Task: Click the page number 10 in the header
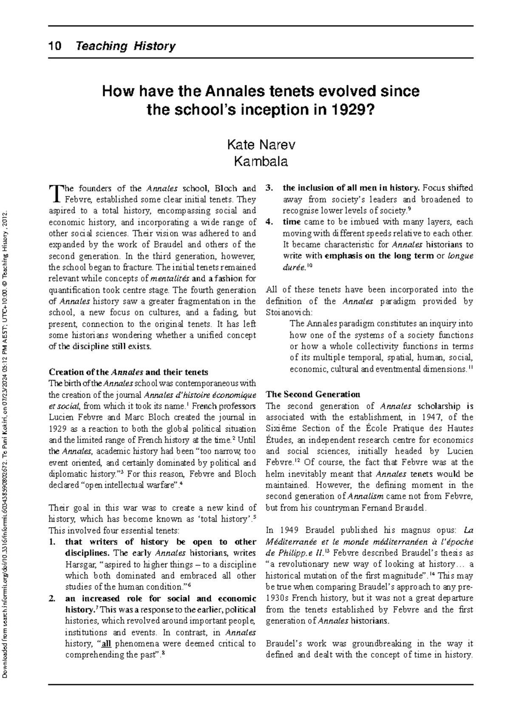55,46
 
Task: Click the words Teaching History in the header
125,46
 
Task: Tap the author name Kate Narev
261,145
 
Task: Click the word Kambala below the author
261,162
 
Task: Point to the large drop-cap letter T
54,193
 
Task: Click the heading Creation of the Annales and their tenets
128,372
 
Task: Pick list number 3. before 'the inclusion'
269,188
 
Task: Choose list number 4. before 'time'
269,222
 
